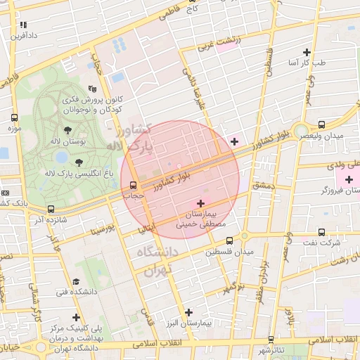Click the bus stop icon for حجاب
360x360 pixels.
[x=134, y=186]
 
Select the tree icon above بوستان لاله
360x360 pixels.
[x=67, y=130]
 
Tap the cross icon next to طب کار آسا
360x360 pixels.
[x=307, y=52]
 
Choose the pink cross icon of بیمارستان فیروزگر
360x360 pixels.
[x=349, y=179]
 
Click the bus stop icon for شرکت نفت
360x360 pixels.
[x=321, y=231]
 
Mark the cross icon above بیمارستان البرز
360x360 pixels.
[x=188, y=312]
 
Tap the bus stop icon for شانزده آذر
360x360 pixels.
[x=51, y=209]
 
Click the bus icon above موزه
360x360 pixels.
[x=15, y=118]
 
